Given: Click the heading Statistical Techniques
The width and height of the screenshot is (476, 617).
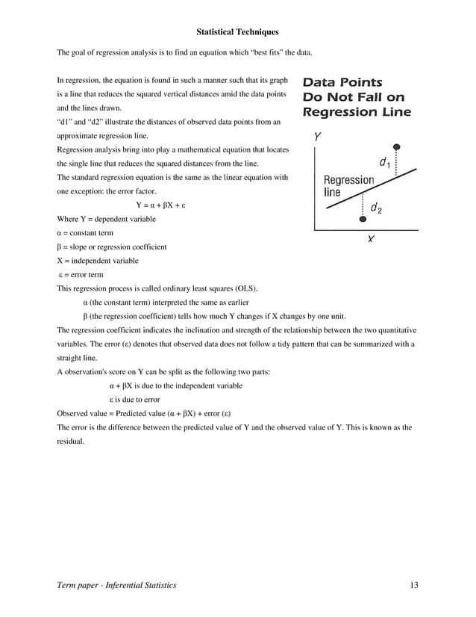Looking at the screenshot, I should (x=237, y=32).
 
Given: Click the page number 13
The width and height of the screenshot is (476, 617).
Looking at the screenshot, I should (x=414, y=585).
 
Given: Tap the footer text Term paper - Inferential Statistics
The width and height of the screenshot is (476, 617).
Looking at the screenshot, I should (x=117, y=585).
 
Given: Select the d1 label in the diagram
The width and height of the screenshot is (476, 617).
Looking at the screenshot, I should (x=384, y=162).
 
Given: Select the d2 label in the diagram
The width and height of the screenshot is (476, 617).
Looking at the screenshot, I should (x=376, y=209).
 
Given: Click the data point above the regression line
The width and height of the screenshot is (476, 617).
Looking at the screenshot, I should (x=397, y=147).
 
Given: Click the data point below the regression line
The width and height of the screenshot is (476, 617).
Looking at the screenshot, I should (x=363, y=219).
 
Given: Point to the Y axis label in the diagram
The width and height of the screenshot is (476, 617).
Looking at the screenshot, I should (x=318, y=137).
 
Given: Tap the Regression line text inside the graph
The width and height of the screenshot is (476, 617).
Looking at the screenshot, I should (x=348, y=185).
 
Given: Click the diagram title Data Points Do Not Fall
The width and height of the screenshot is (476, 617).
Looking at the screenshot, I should (x=356, y=97).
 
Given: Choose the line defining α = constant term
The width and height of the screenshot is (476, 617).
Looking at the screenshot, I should (x=85, y=233).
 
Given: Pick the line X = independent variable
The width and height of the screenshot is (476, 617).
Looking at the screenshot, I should (x=97, y=261).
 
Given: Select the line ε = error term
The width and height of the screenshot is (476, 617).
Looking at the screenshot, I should (x=81, y=274).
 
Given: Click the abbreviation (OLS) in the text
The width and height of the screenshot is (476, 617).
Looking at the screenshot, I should (x=244, y=288).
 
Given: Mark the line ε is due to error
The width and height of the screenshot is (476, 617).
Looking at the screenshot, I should (x=134, y=399).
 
